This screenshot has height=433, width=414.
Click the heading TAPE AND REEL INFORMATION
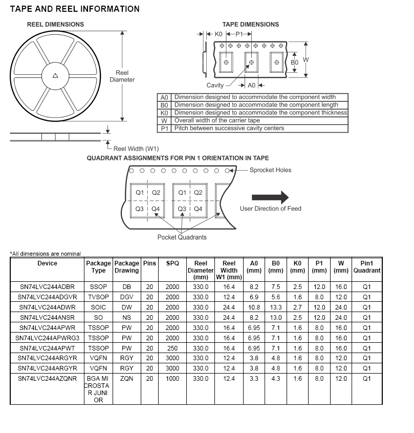coord(75,9)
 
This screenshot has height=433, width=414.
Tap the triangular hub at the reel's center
coord(55,76)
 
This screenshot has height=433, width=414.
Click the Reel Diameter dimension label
coord(122,76)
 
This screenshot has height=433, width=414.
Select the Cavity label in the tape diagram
coord(215,86)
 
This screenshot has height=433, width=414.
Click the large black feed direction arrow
coord(270,197)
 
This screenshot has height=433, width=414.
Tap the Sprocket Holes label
coord(271,170)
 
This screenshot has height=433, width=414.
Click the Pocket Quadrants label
coord(182,237)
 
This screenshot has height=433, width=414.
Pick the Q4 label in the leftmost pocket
coord(156,209)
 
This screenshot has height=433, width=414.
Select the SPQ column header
coord(172,263)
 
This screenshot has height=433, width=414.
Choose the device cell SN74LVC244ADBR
coord(47,287)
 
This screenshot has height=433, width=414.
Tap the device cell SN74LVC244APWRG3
coord(47,338)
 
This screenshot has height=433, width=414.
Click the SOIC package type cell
coord(98,307)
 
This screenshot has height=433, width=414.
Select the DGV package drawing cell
coord(126,297)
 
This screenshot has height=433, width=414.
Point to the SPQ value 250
coord(172,348)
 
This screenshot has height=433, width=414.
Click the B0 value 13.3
coord(276,307)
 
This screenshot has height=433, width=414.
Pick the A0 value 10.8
coord(254,307)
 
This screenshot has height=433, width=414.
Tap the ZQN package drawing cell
coord(126,379)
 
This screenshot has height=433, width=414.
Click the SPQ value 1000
coord(172,379)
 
